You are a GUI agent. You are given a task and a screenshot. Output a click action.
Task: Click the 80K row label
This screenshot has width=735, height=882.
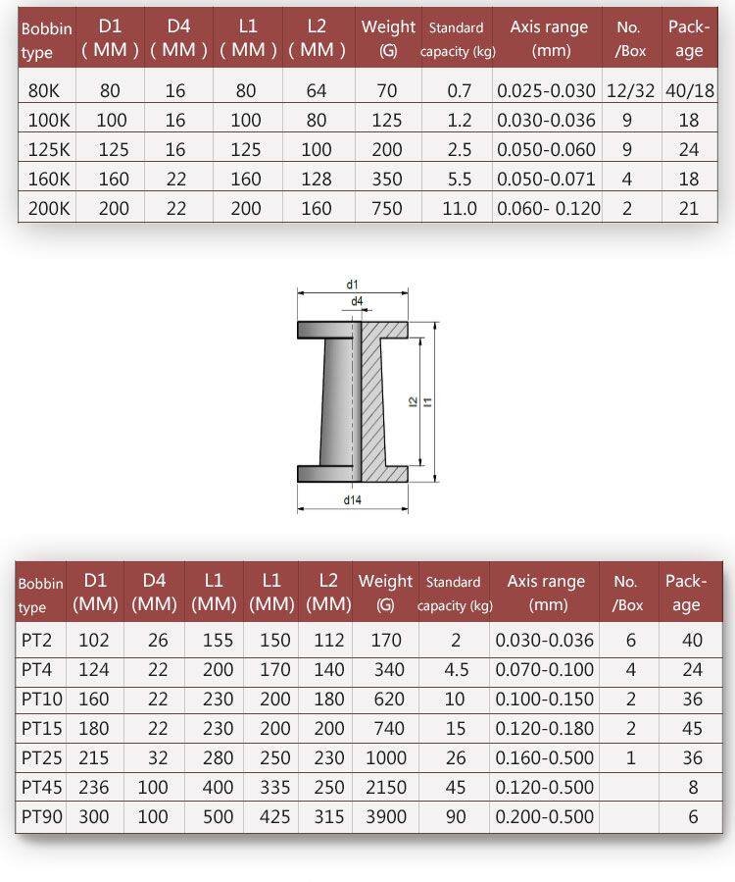pyautogui.click(x=43, y=90)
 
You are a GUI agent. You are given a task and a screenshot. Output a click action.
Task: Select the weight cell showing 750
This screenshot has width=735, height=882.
pyautogui.click(x=386, y=209)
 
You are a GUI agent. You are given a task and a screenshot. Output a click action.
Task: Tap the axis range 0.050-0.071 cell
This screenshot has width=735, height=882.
pyautogui.click(x=546, y=179)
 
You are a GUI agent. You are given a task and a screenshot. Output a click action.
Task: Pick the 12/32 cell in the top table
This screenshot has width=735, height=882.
pyautogui.click(x=630, y=90)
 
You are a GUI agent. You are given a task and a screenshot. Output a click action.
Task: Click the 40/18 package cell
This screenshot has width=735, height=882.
pyautogui.click(x=690, y=90)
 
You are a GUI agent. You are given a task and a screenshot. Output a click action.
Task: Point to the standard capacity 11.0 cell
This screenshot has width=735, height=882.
pyautogui.click(x=459, y=209)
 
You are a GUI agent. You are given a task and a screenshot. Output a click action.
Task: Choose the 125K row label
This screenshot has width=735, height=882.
pyautogui.click(x=49, y=150)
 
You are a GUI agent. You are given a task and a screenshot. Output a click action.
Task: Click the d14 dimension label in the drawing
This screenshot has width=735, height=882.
pyautogui.click(x=353, y=500)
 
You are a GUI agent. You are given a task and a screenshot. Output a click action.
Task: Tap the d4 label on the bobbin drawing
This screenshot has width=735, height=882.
pyautogui.click(x=357, y=301)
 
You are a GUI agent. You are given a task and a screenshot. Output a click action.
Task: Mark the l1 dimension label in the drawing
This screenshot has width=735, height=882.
pyautogui.click(x=428, y=401)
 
